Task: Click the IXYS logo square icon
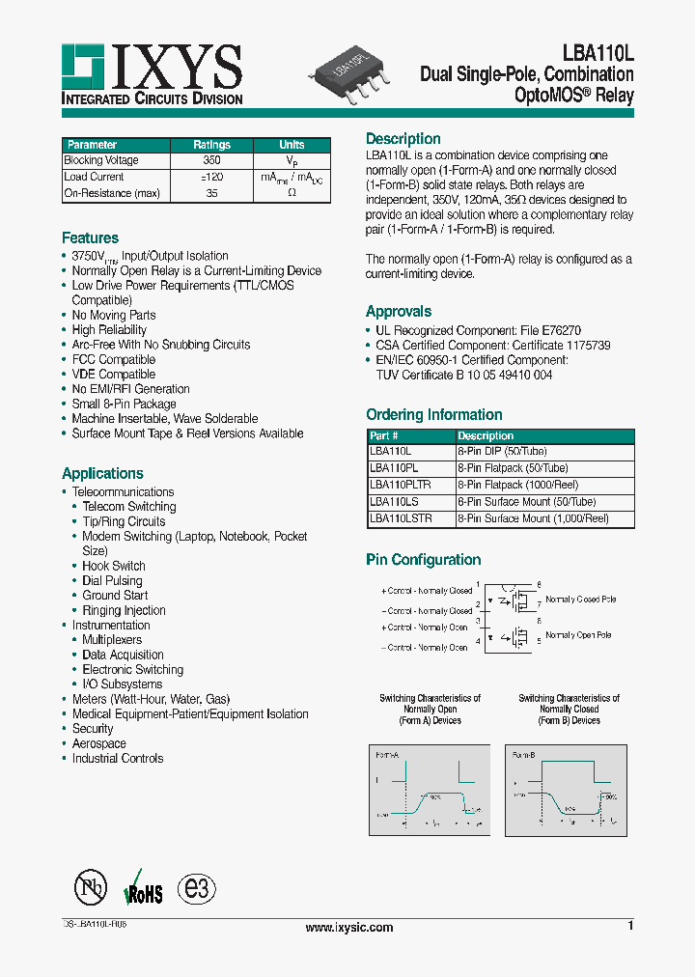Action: [x=84, y=66]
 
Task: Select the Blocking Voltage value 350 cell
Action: [x=210, y=160]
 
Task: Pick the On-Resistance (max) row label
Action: [x=112, y=193]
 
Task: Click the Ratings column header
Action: [x=210, y=145]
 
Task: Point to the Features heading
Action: [x=90, y=237]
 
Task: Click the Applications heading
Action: [x=102, y=473]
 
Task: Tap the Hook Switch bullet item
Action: [x=114, y=566]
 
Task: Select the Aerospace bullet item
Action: [x=98, y=743]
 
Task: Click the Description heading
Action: [x=403, y=139]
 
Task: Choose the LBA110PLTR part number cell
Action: [x=401, y=485]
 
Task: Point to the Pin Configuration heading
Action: [x=423, y=560]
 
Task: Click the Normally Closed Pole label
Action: [x=581, y=600]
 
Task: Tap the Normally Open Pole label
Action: [x=578, y=635]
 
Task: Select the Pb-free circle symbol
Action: [x=91, y=888]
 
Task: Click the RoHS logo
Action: [x=143, y=889]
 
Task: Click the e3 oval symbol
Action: [x=196, y=888]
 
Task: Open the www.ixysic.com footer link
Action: [x=348, y=928]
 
